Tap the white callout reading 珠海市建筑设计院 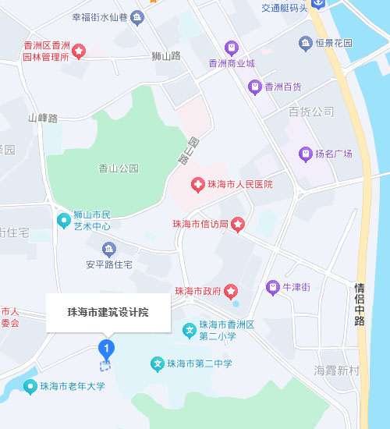tap(108, 312)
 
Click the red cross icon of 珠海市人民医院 tap(198, 185)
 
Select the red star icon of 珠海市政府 tap(231, 292)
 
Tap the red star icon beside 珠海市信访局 tap(238, 225)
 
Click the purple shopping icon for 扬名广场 tap(305, 153)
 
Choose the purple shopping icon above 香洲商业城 tap(231, 48)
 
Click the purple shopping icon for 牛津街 tap(273, 287)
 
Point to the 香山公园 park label tap(119, 168)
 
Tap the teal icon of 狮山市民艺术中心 tap(64, 221)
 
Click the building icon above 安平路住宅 tap(108, 250)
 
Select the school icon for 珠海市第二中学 tap(157, 363)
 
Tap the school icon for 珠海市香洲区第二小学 tap(188, 331)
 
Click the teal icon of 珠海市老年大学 tap(30, 385)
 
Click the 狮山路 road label tap(167, 55)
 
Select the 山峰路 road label tap(43, 119)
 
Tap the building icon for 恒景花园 tap(304, 43)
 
